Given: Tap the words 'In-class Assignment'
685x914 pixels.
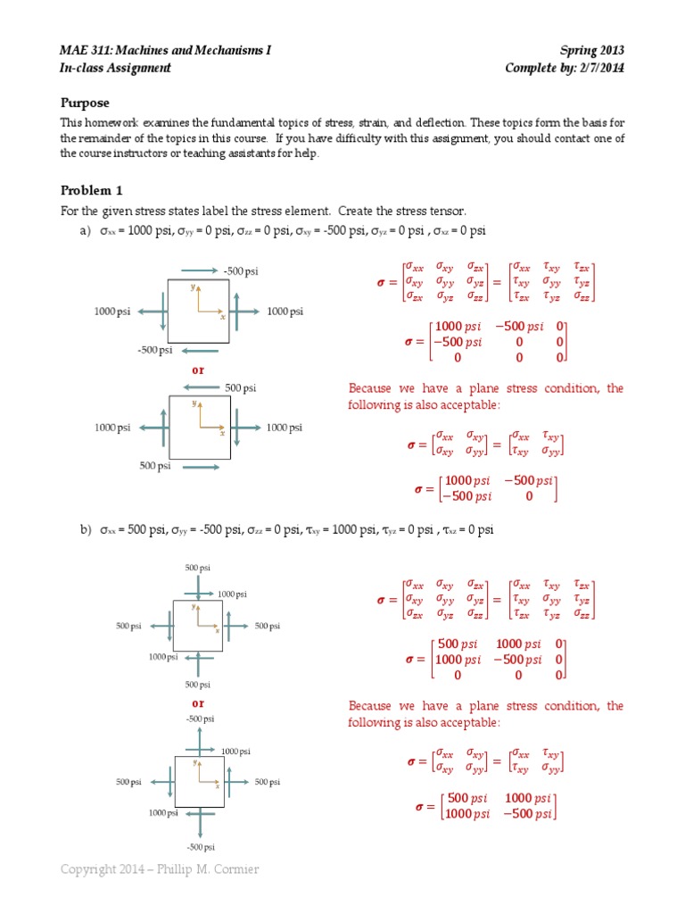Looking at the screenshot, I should (x=115, y=68).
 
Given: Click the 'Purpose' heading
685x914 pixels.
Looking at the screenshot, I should (x=85, y=103).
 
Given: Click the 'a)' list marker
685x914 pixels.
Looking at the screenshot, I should (x=86, y=231).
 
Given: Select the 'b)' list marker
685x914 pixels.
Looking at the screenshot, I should (x=86, y=530).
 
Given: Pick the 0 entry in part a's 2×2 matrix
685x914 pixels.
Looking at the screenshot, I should (x=529, y=496).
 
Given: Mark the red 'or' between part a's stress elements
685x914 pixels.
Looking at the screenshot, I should (x=198, y=369).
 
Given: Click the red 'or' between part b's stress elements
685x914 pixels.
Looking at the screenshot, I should (x=198, y=702).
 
